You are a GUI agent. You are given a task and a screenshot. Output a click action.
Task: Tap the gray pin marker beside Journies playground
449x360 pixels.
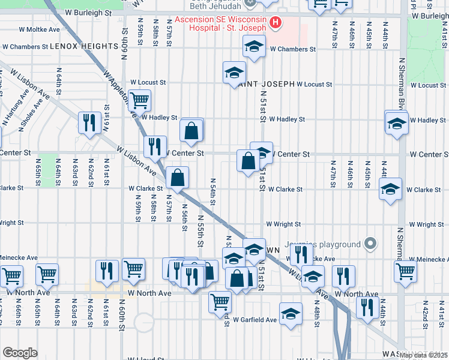(x=371, y=244)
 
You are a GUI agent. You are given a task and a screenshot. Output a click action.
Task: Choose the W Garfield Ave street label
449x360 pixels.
(x=255, y=320)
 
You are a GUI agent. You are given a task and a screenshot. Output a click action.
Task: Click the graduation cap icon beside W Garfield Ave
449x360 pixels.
(x=291, y=314)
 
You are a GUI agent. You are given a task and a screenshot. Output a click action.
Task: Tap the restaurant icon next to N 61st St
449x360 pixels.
(x=89, y=122)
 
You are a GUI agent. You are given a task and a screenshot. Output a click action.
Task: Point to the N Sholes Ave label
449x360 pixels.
(x=33, y=108)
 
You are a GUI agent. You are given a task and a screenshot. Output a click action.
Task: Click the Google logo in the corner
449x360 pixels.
(x=20, y=353)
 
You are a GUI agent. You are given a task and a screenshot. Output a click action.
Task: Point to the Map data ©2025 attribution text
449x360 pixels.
(x=423, y=355)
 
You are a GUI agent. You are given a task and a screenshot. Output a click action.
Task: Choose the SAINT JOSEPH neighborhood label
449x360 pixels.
(x=267, y=85)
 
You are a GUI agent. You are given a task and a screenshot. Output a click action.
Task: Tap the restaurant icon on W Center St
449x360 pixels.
(x=155, y=146)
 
